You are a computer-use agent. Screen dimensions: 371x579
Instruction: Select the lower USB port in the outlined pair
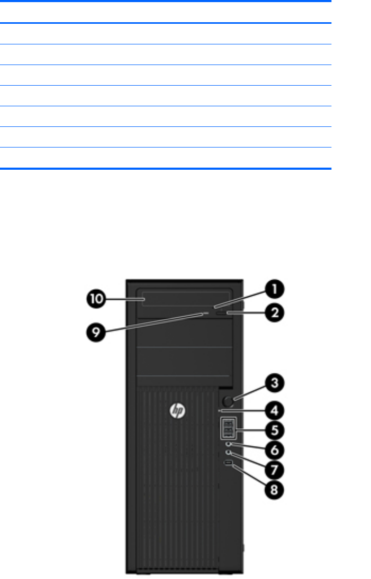coord(227,432)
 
